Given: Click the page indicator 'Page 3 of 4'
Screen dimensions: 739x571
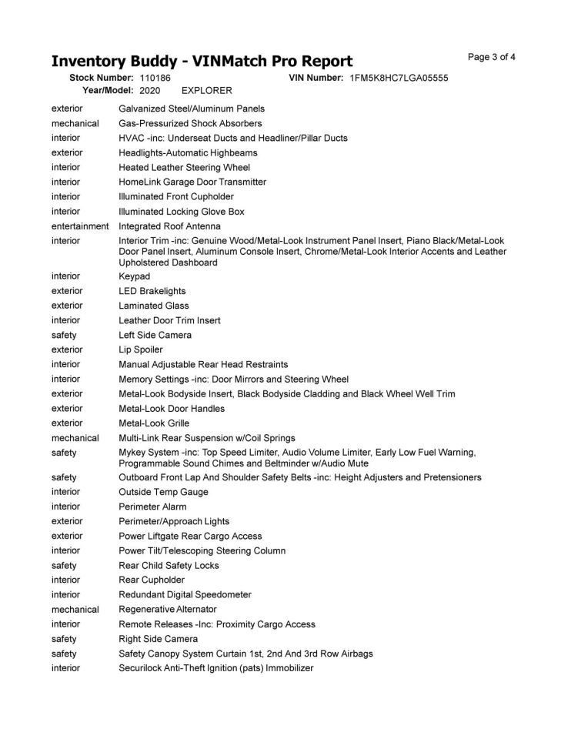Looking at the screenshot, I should coord(491,57).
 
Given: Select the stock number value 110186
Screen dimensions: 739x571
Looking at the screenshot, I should coord(155,78).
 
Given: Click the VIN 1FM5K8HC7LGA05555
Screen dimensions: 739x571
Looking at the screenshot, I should coord(399,78).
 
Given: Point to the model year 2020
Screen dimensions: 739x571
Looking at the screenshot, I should coord(150,90).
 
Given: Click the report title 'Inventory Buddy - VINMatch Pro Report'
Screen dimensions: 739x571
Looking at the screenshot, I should coord(202,61).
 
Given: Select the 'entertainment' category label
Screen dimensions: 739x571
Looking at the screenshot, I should coord(80,226).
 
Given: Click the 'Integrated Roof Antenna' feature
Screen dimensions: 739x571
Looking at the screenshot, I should coord(169,226).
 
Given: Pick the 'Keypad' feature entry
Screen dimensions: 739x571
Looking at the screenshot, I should coord(134,276).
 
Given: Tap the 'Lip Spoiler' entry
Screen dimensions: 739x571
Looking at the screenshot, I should coord(140,349).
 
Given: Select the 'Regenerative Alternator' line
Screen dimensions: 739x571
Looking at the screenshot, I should coord(167,609).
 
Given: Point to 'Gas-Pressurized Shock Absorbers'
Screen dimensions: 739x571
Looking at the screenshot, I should coord(190,123).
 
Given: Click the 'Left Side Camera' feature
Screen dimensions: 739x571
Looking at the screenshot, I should coord(155,335).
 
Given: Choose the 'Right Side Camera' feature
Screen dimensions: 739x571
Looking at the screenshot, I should coord(158,638).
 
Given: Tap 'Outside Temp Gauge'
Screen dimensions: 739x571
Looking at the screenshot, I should coord(163,492).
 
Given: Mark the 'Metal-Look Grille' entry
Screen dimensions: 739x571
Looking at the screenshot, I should coord(153,423).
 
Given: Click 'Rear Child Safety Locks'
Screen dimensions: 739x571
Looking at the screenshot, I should coord(169,565).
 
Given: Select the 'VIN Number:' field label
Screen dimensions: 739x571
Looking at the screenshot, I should coord(316,78).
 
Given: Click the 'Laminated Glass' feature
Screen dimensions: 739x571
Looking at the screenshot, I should coord(153,306).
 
